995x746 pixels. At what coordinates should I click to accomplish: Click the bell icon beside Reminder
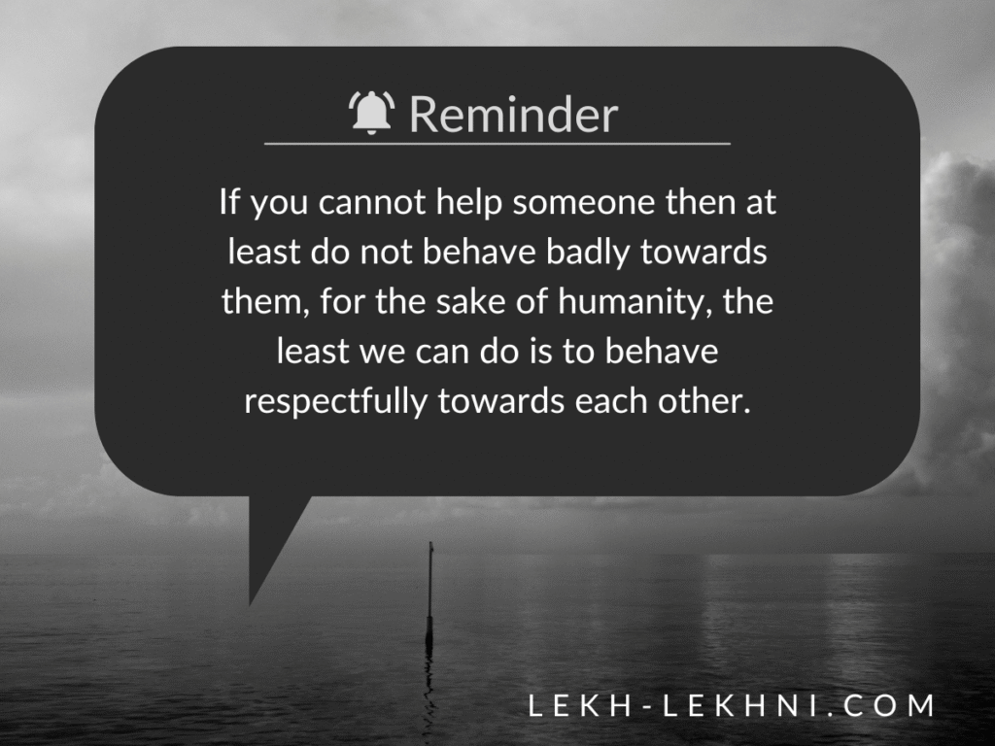[371, 113]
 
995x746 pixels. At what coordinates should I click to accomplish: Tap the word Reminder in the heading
[513, 115]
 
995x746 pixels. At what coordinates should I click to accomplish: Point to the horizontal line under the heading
[497, 144]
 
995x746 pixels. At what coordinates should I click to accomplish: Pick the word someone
[584, 202]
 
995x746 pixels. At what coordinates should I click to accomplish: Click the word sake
[470, 301]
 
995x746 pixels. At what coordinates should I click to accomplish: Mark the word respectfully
[335, 402]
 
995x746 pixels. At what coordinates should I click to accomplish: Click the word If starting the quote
[229, 202]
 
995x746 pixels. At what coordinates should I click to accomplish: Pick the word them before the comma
[260, 301]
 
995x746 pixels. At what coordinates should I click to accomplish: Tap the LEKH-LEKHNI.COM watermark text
[732, 706]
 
